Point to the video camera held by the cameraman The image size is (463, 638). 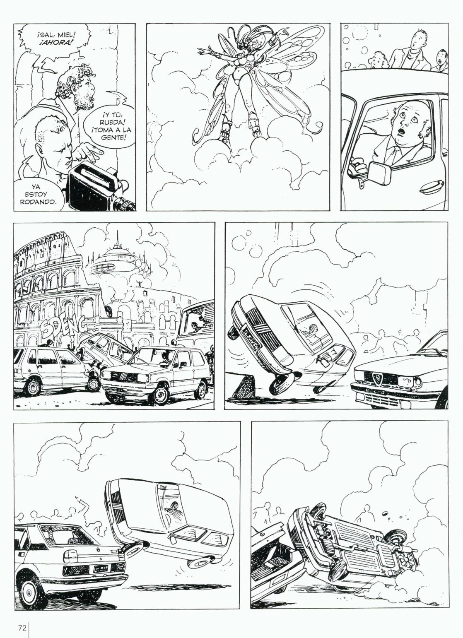(97, 188)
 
